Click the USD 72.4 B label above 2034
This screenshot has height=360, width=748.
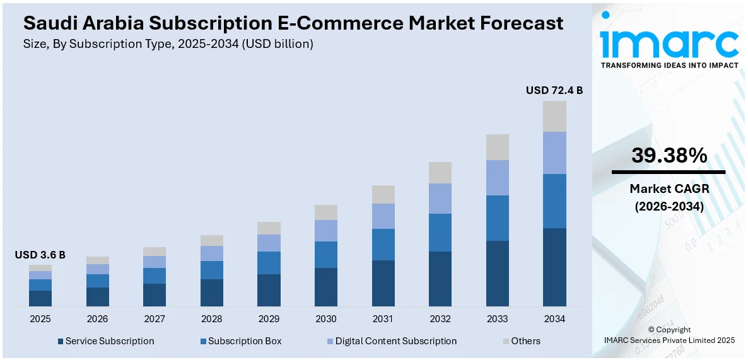[554, 90]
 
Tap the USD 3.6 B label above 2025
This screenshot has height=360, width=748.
[40, 255]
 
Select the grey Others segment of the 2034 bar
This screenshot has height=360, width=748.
[554, 116]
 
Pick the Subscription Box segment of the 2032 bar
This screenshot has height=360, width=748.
[440, 232]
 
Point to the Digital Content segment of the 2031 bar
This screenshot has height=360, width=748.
[383, 216]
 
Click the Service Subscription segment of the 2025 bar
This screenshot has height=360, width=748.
[40, 298]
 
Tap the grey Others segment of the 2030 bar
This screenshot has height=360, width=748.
[326, 212]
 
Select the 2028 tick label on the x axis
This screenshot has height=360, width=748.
[212, 319]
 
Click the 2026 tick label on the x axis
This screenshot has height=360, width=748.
[98, 319]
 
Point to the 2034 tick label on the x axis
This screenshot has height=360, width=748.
[554, 319]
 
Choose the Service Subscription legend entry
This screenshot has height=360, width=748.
[105, 341]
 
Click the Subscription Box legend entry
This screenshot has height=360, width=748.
[240, 341]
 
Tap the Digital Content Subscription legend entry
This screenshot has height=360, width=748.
[390, 341]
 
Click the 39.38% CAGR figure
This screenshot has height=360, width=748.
[669, 156]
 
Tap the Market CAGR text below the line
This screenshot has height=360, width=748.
[669, 189]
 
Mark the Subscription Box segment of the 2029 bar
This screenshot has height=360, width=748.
[269, 262]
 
